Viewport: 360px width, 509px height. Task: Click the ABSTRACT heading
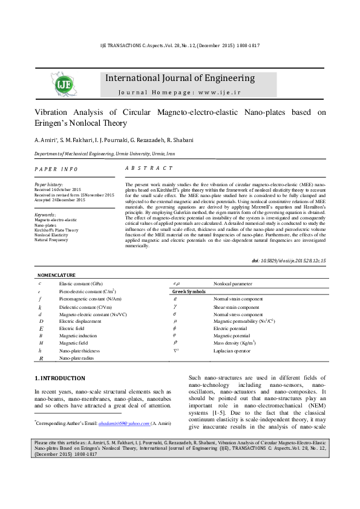148,168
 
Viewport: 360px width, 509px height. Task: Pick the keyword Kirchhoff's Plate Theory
56,230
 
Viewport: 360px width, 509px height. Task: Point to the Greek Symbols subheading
189,291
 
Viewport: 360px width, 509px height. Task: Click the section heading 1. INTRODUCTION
60,378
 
